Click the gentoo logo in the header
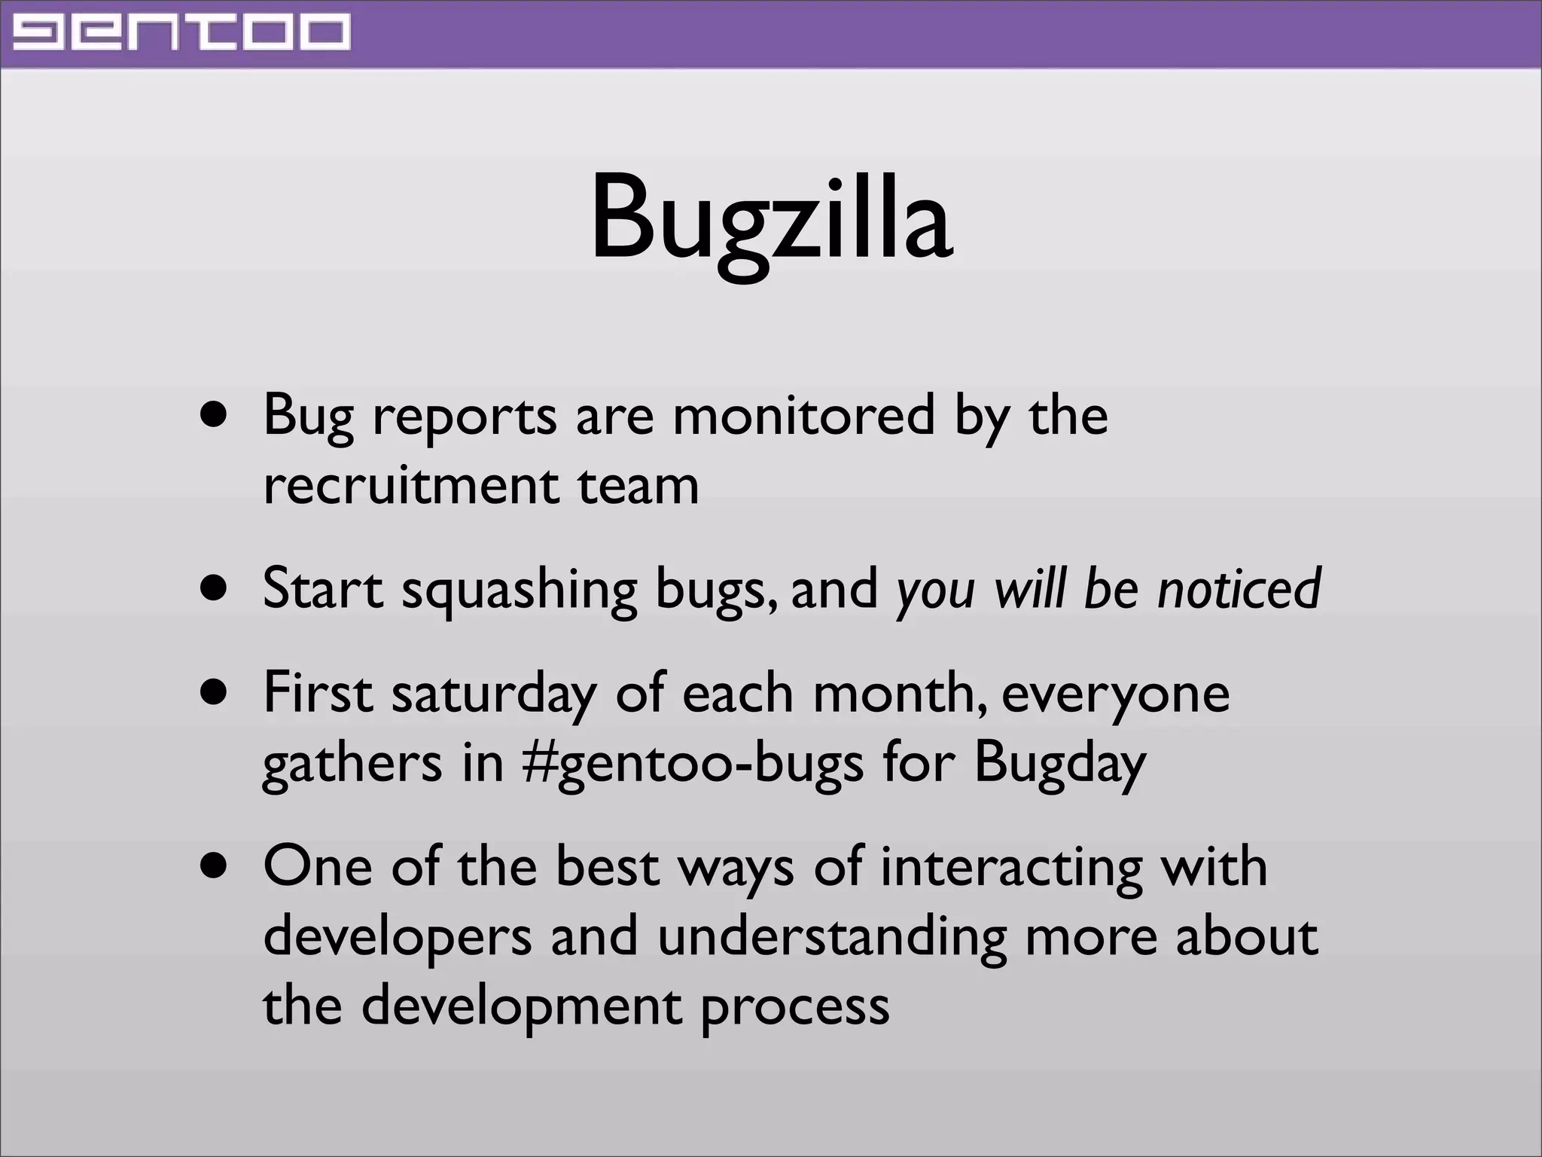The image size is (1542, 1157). click(x=181, y=34)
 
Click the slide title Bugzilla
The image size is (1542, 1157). click(x=771, y=218)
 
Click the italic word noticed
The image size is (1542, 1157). click(x=1239, y=589)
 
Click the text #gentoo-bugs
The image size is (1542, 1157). click(x=692, y=764)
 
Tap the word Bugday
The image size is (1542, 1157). click(x=1059, y=764)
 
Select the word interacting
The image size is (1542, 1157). click(x=1010, y=868)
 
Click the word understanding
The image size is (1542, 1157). click(x=831, y=937)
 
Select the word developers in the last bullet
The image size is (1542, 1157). click(x=398, y=937)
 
